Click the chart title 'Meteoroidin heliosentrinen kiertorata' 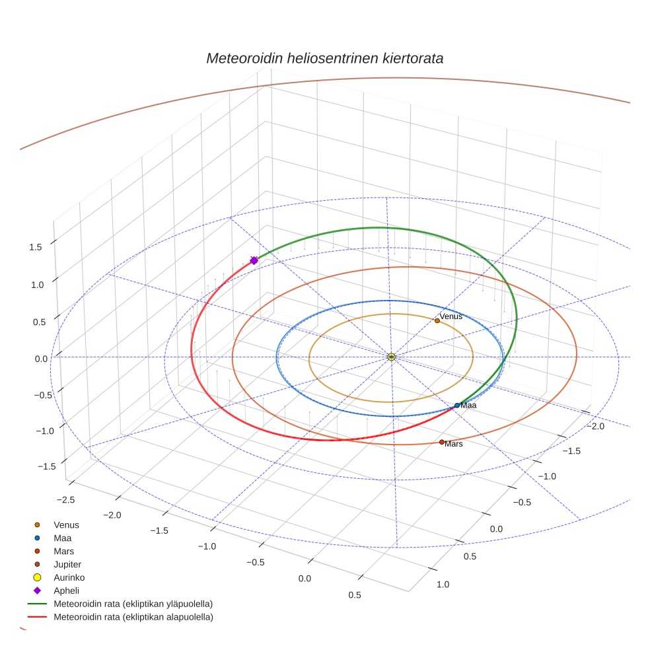pos(324,58)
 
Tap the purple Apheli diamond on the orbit pos(254,261)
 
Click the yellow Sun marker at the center pos(392,357)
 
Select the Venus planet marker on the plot pos(437,320)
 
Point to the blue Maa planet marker pos(457,405)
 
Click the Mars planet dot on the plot pos(442,442)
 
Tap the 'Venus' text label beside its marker pos(451,316)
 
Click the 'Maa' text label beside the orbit pos(468,405)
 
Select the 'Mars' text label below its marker pos(454,445)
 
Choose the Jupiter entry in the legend pos(67,564)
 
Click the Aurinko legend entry pos(69,577)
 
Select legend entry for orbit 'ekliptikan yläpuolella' pos(133,604)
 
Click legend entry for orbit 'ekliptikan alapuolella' pos(133,617)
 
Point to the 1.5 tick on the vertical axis pos(36,247)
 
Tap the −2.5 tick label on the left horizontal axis pos(65,499)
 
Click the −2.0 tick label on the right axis pos(595,427)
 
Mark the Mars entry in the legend pos(63,551)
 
